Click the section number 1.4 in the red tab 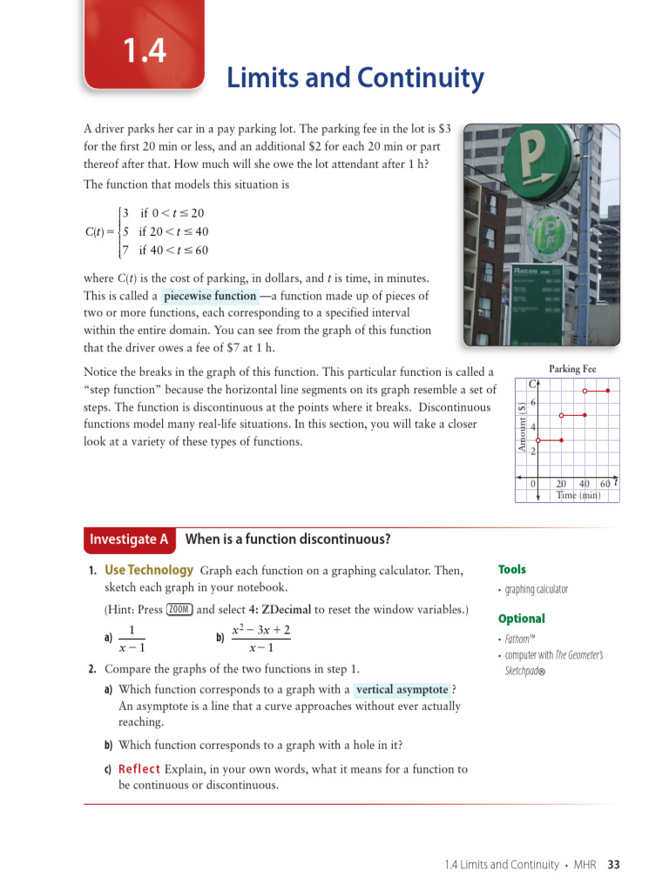144,51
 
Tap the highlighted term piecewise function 210,296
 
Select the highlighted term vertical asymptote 402,689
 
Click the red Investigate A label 129,539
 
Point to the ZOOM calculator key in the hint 179,609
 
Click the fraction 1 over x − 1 131,638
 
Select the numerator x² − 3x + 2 261,630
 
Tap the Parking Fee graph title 571,369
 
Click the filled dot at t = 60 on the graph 607,392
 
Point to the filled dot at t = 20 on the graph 562,440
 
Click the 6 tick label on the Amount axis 532,402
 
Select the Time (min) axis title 578,495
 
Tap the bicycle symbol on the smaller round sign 550,233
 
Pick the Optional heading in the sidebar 521,619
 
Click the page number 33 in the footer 613,864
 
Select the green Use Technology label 148,570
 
